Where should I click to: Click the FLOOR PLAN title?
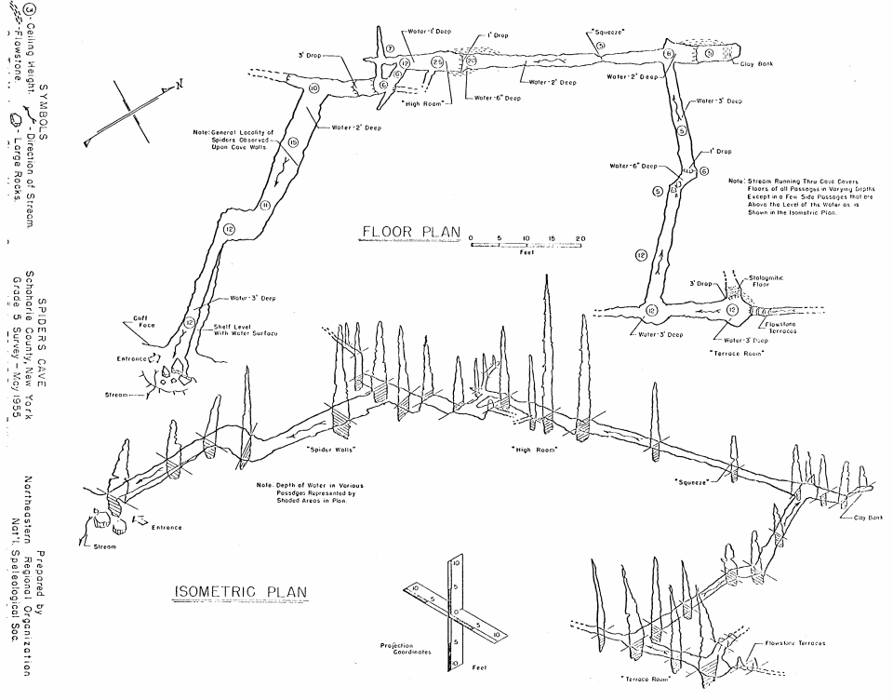[409, 232]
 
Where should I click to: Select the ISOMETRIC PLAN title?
[241, 593]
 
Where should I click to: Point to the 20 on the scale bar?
[580, 239]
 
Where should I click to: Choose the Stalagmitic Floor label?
[765, 280]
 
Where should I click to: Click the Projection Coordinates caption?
[407, 649]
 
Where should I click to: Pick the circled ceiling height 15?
[293, 142]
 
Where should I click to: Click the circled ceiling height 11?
[264, 206]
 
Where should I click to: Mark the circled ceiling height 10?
[313, 87]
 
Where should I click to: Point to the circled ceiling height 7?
[391, 48]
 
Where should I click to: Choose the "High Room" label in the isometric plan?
[534, 450]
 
